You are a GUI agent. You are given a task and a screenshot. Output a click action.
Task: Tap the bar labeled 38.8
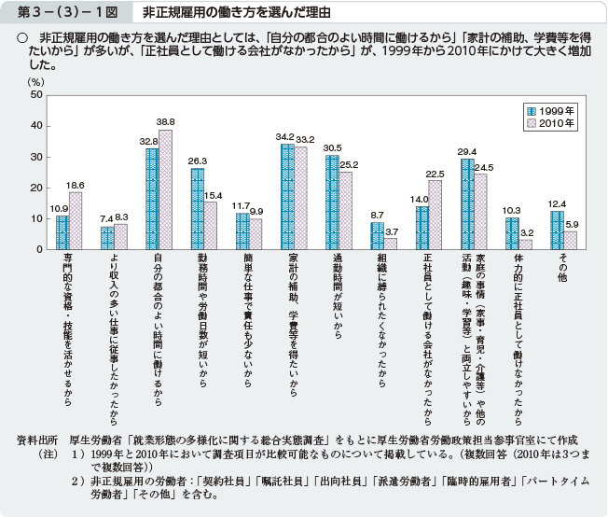click(165, 189)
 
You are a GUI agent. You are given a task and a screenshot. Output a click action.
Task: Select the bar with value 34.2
click(287, 197)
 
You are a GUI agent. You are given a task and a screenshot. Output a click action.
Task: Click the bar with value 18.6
click(76, 220)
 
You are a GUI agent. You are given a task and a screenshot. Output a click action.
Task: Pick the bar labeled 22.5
click(435, 215)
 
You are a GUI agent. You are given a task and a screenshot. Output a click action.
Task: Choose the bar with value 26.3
click(198, 209)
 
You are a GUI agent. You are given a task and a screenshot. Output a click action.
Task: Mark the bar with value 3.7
click(391, 244)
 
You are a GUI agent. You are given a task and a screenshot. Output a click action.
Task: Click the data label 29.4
click(466, 151)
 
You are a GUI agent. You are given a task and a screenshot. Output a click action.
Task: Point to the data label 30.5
click(332, 147)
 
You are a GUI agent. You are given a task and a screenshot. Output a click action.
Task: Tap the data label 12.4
click(557, 203)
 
